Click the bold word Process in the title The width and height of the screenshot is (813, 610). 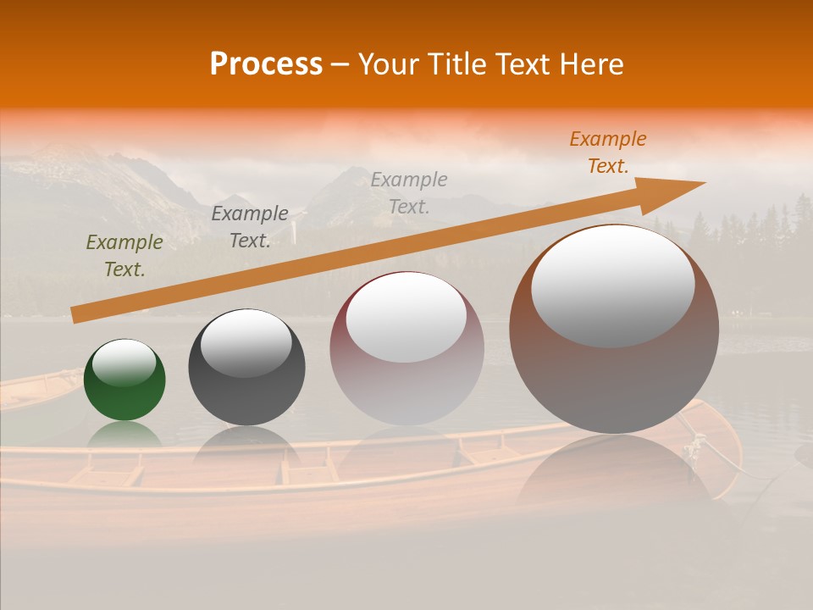point(266,64)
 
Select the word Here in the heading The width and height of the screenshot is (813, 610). point(592,64)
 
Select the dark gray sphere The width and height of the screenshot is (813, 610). point(246,381)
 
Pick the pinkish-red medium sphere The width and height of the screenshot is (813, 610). point(406,373)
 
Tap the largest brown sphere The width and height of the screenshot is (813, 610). point(614,373)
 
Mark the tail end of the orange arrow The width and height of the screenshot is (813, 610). point(75,315)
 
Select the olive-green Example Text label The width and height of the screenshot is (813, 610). point(124,255)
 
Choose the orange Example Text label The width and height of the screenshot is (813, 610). point(608,152)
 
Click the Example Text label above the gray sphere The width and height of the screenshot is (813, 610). point(250,226)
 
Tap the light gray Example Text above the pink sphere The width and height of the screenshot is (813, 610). point(409,192)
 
